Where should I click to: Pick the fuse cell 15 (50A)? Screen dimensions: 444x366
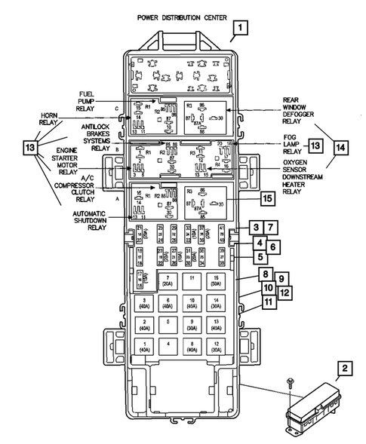point(217,283)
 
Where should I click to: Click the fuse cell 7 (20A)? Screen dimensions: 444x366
point(167,283)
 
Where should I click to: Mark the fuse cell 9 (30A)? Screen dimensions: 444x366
point(192,328)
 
